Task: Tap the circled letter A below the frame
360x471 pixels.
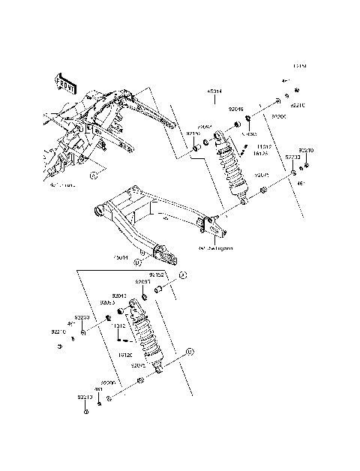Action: coord(94,175)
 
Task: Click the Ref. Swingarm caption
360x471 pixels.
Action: coord(215,247)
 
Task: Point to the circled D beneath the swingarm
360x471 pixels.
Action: coord(138,263)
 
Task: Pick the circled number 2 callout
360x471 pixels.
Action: coord(181,276)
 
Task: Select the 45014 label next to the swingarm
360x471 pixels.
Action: coord(121,256)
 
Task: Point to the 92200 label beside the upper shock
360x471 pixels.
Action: coord(279,117)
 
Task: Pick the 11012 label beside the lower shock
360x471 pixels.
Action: coord(119,326)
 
